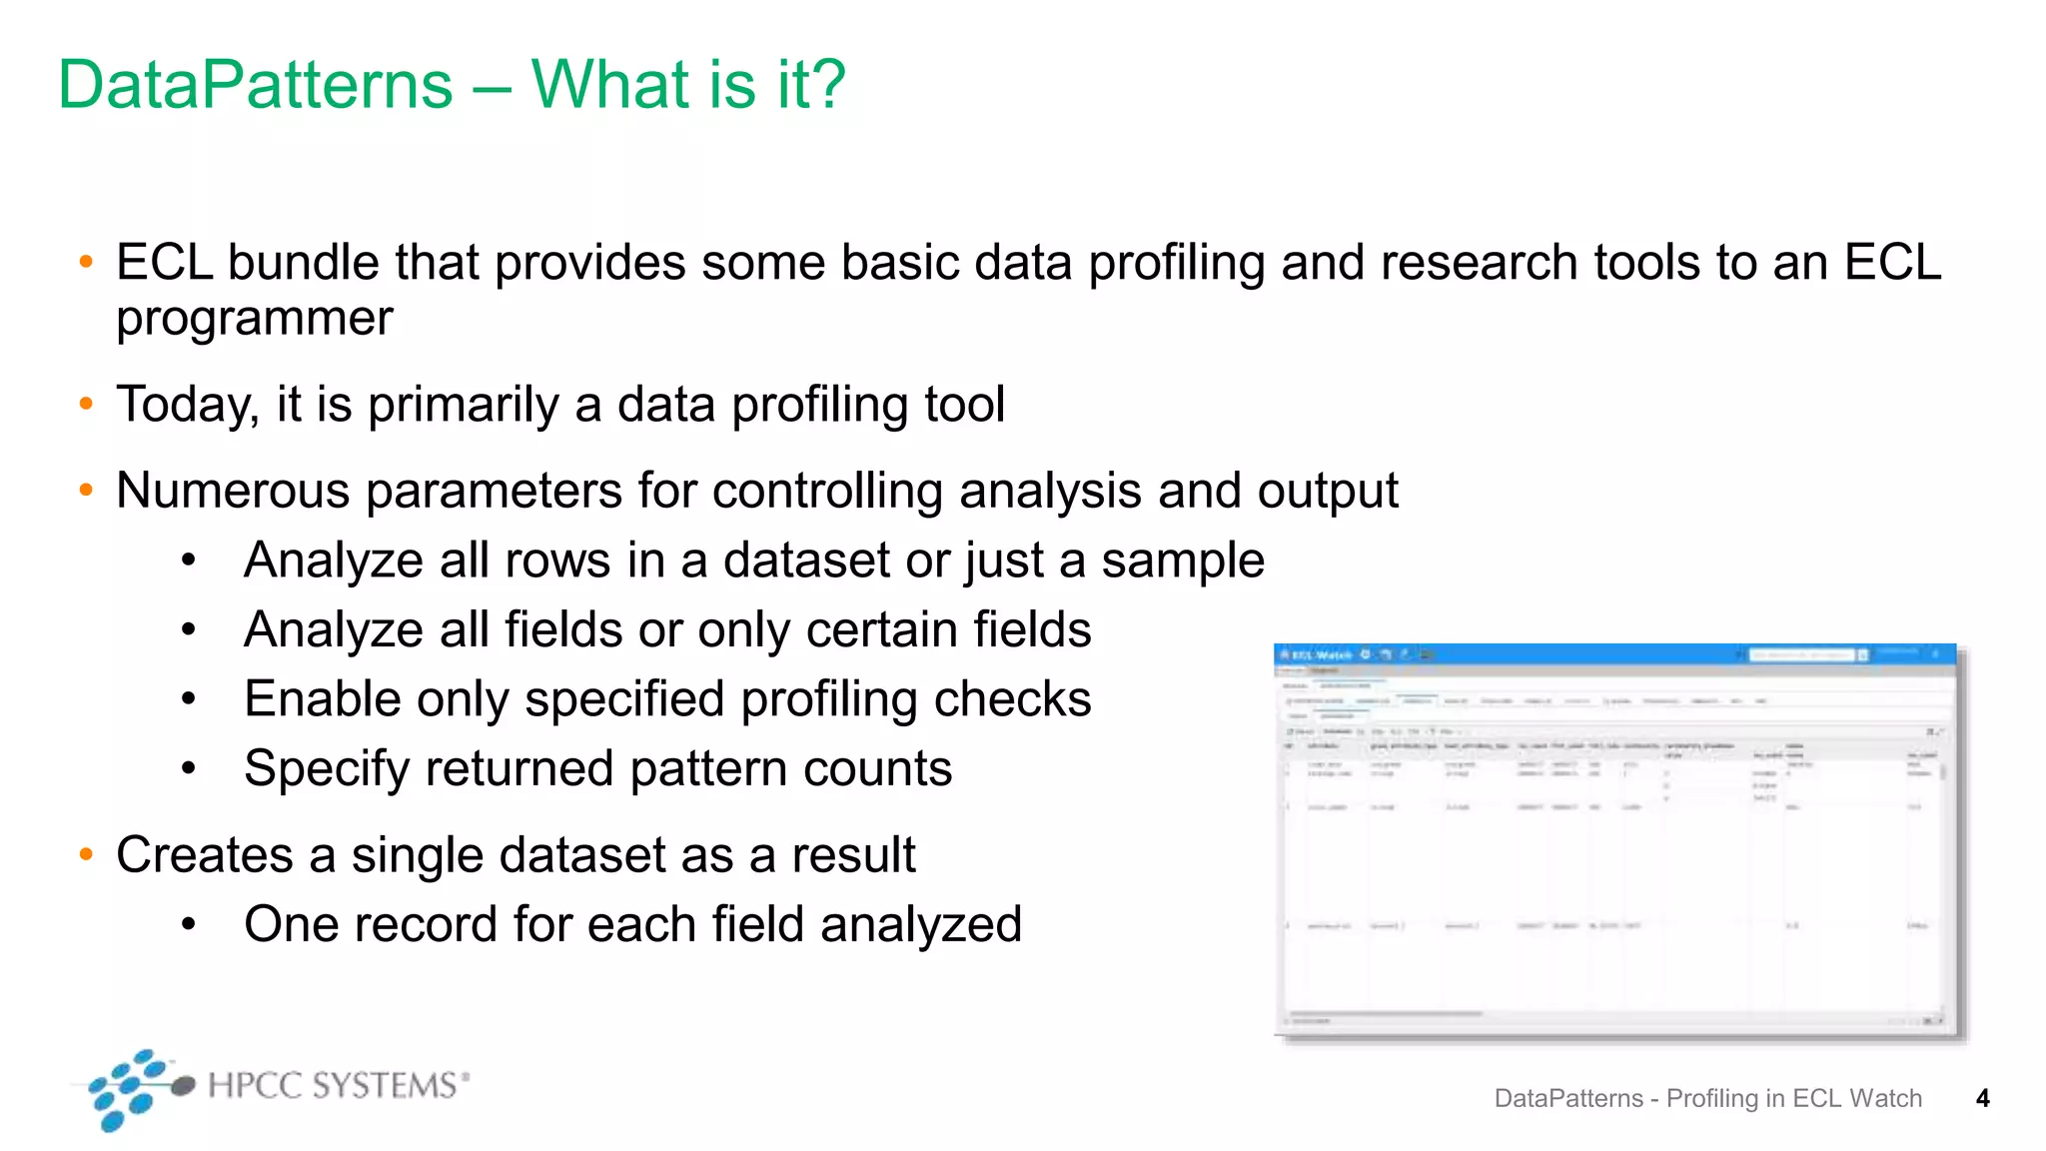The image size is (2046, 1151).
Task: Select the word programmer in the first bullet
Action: [x=255, y=320]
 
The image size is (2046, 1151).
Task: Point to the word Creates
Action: [x=205, y=855]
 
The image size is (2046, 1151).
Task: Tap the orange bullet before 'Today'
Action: [x=86, y=405]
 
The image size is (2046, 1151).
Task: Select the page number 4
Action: [x=1983, y=1099]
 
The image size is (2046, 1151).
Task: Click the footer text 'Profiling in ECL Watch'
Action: [x=1794, y=1099]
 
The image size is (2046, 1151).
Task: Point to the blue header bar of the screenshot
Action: [x=1614, y=654]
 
